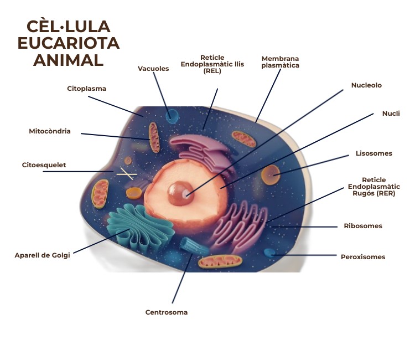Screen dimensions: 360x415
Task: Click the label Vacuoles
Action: click(x=153, y=69)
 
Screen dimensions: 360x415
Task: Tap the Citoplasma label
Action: click(x=86, y=89)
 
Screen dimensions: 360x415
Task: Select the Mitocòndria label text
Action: click(x=50, y=132)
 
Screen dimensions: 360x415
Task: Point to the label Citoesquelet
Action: click(x=44, y=165)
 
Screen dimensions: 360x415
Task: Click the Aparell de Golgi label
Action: click(x=43, y=255)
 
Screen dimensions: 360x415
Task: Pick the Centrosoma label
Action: click(x=167, y=312)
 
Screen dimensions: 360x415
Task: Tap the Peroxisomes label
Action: click(x=363, y=257)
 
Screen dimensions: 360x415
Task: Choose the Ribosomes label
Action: click(x=363, y=226)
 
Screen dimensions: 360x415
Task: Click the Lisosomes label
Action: click(x=374, y=153)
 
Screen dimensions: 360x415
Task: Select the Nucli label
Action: click(x=391, y=114)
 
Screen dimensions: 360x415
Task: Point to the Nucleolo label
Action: click(x=366, y=85)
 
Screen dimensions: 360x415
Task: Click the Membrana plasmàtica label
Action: click(x=280, y=61)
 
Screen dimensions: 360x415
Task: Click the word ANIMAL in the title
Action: click(x=68, y=60)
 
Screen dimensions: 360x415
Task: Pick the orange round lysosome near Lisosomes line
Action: click(x=271, y=175)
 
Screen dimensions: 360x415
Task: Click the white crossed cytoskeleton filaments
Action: click(x=126, y=173)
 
